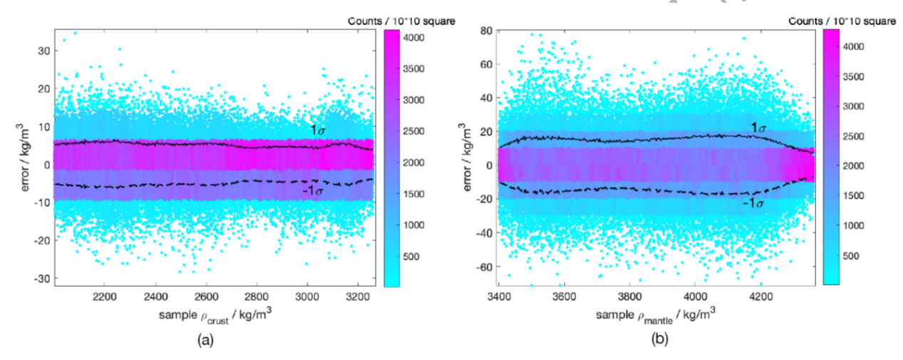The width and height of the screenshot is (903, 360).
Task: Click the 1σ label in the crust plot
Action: [316, 130]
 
